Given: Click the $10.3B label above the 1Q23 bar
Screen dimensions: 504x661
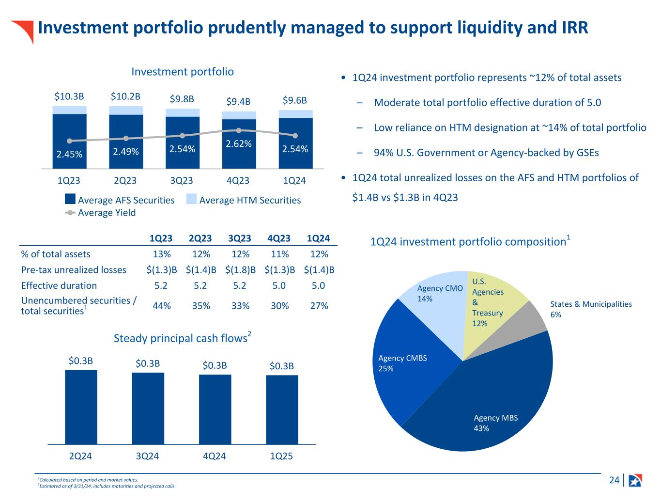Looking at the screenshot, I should pos(69,96).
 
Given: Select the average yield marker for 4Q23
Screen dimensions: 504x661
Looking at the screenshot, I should pos(239,130).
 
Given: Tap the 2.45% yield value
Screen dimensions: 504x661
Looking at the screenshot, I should pos(69,154).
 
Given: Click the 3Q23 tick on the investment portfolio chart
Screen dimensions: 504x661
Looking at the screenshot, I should pos(182,180).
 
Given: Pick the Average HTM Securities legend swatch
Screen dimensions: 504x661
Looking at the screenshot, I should pos(192,199).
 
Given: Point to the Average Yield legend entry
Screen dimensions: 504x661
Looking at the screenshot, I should pos(100,213).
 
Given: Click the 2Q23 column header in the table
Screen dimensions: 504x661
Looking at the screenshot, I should pos(200,238).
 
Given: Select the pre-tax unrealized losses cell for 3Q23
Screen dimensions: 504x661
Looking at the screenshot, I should pos(240,270).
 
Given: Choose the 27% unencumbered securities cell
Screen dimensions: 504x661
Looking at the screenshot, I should pos(319,306).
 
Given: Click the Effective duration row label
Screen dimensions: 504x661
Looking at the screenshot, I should pos(59,285).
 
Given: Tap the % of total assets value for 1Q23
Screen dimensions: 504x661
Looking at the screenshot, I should pos(161,254).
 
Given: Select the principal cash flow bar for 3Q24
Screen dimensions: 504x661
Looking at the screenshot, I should pos(148,408).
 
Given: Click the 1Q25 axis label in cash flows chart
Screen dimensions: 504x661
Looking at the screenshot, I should pos(281,456).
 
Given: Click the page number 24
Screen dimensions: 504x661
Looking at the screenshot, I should pos(614,480).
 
